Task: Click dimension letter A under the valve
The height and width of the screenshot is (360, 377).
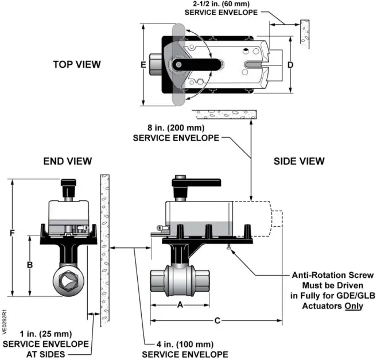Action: coord(180,305)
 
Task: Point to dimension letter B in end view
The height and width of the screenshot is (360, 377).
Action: coord(30,265)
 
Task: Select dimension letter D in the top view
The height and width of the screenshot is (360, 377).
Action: coord(290,65)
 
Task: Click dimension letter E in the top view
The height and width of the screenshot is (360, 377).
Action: coord(143,65)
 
